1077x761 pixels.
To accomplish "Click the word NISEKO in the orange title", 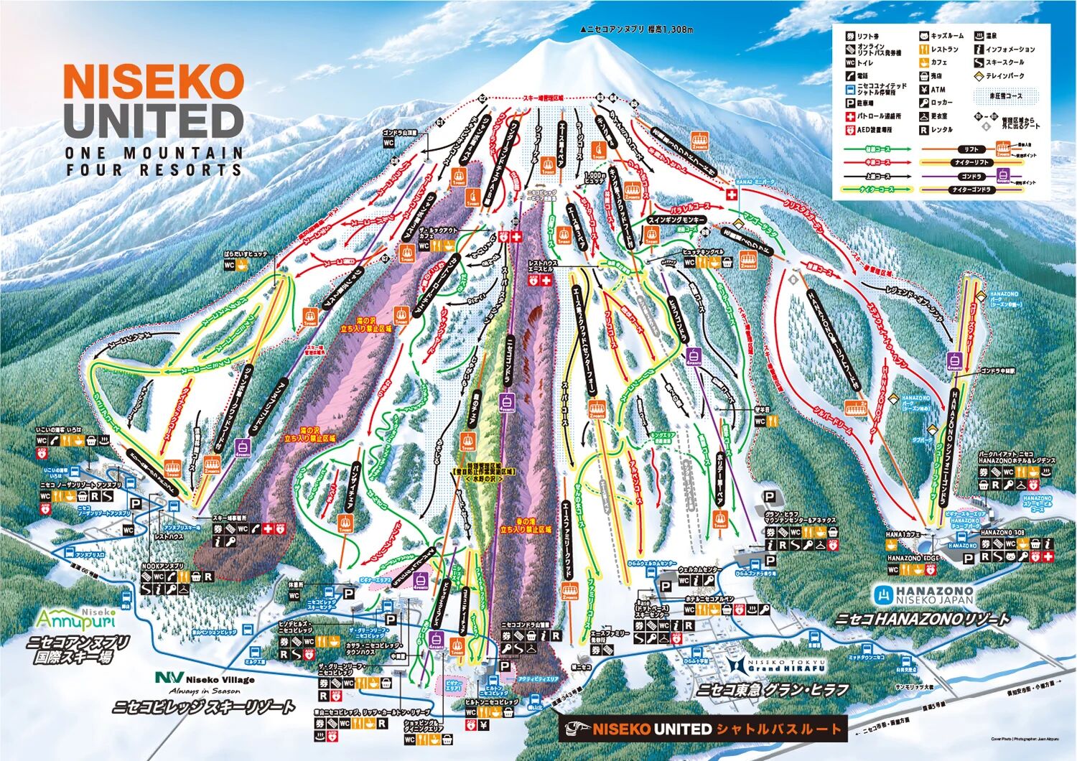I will [154, 82].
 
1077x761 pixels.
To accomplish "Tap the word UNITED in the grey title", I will [154, 121].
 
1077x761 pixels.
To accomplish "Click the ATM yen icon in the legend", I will [924, 90].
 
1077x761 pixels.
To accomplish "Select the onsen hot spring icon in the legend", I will [979, 36].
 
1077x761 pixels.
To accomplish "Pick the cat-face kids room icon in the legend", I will [924, 36].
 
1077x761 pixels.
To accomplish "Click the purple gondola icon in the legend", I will [1017, 176].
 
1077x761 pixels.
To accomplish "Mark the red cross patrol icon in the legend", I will [850, 116].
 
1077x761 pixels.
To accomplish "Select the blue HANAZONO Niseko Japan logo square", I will [882, 594].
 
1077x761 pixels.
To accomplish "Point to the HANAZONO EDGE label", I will [912, 558].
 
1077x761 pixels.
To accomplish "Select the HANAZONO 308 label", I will [1001, 533].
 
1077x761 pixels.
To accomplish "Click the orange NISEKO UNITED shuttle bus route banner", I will [703, 729].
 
